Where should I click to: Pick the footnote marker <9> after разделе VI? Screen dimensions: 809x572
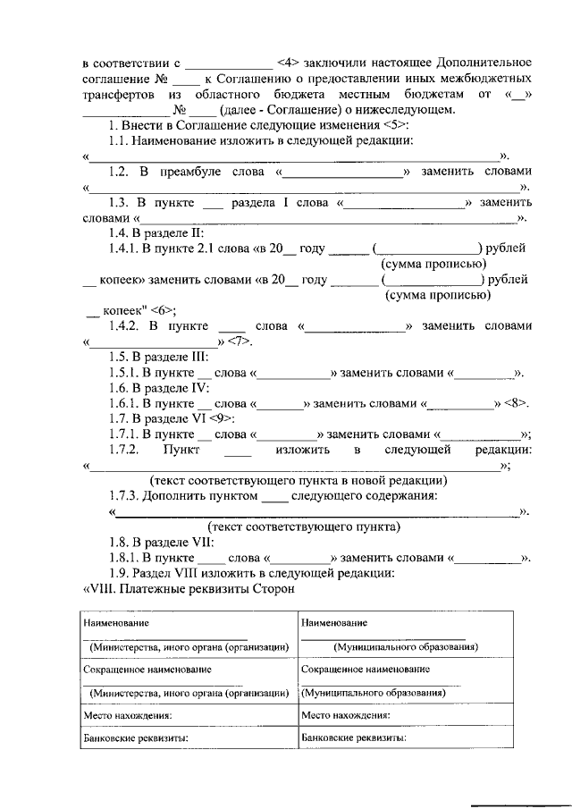click(x=223, y=418)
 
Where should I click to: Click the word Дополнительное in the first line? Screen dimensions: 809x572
click(x=484, y=63)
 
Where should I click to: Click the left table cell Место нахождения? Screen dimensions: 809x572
click(x=126, y=715)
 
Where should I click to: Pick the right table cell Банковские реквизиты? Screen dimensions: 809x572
click(x=354, y=738)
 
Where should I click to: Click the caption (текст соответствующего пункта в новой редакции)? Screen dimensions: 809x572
click(x=299, y=480)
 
